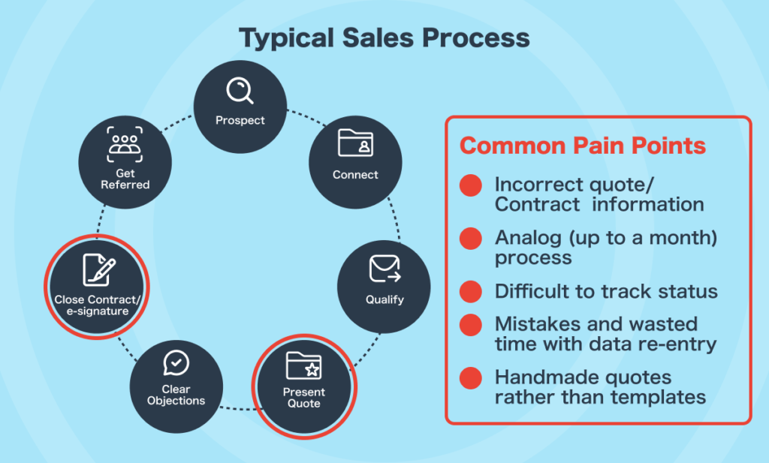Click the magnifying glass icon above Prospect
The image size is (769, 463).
pos(240,90)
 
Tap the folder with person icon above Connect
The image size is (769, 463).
pos(355,143)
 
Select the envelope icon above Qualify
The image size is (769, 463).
pos(385,269)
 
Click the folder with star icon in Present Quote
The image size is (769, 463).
pos(303,365)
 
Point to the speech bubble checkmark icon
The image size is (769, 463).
pos(176,362)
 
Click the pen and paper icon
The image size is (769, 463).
pos(99,269)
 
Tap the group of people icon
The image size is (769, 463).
pos(125,144)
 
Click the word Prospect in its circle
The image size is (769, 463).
pos(240,120)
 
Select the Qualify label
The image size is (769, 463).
pos(385,299)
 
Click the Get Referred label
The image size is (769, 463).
pos(125,179)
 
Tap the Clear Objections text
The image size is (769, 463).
pos(176,395)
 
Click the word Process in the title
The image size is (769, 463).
pos(475,38)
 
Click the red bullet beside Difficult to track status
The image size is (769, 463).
pos(471,291)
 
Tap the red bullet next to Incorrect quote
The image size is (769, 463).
pos(471,185)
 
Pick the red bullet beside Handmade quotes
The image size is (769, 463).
pos(471,377)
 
